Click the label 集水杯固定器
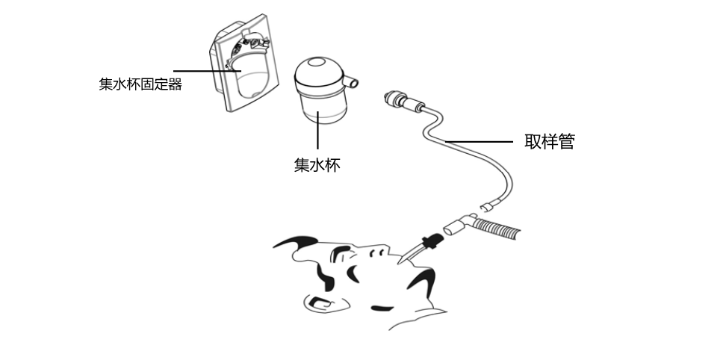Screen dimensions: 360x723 pyautogui.click(x=140, y=84)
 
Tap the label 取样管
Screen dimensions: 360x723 pyautogui.click(x=550, y=142)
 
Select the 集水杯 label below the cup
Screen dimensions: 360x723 pyautogui.click(x=317, y=165)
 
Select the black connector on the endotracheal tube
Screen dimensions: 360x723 pyautogui.click(x=430, y=242)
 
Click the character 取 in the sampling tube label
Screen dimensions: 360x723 pyautogui.click(x=533, y=142)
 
